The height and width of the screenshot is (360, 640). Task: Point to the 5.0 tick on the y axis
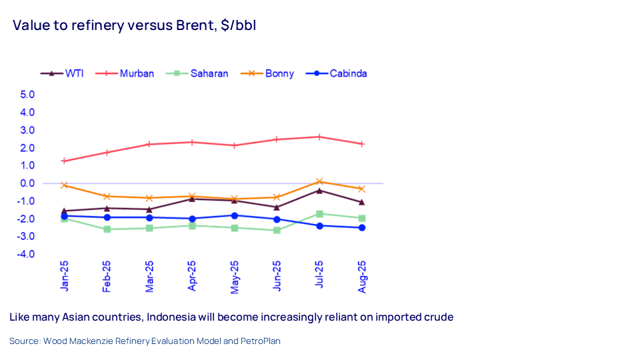click(27, 95)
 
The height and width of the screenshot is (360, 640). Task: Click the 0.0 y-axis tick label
click(27, 183)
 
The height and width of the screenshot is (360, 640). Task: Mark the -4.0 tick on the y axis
click(26, 255)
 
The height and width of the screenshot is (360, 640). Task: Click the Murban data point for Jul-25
click(319, 137)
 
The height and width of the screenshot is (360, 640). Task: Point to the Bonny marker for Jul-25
click(319, 181)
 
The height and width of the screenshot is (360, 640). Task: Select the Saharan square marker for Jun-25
click(277, 230)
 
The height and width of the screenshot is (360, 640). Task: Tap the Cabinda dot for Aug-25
click(362, 227)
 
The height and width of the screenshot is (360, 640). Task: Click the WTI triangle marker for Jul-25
click(319, 191)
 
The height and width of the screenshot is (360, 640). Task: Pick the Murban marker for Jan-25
click(64, 161)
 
